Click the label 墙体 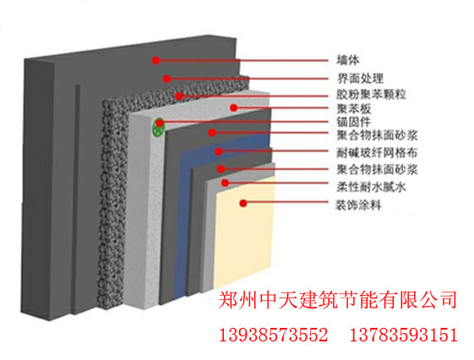click(348, 60)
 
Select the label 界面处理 click(360, 79)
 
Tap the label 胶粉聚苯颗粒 click(371, 95)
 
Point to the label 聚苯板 click(354, 108)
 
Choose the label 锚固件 click(354, 122)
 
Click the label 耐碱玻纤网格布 click(378, 153)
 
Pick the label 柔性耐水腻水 click(371, 187)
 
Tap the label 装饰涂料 click(359, 205)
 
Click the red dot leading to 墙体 click(155, 61)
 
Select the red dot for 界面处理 click(166, 79)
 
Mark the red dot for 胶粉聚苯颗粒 click(179, 96)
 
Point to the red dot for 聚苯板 click(234, 107)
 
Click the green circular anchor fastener click(158, 127)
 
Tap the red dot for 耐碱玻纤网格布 click(219, 151)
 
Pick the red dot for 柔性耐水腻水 click(225, 183)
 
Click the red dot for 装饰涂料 click(243, 203)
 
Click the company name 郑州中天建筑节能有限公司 click(337, 300)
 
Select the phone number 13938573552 click(273, 335)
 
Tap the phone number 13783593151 click(404, 335)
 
